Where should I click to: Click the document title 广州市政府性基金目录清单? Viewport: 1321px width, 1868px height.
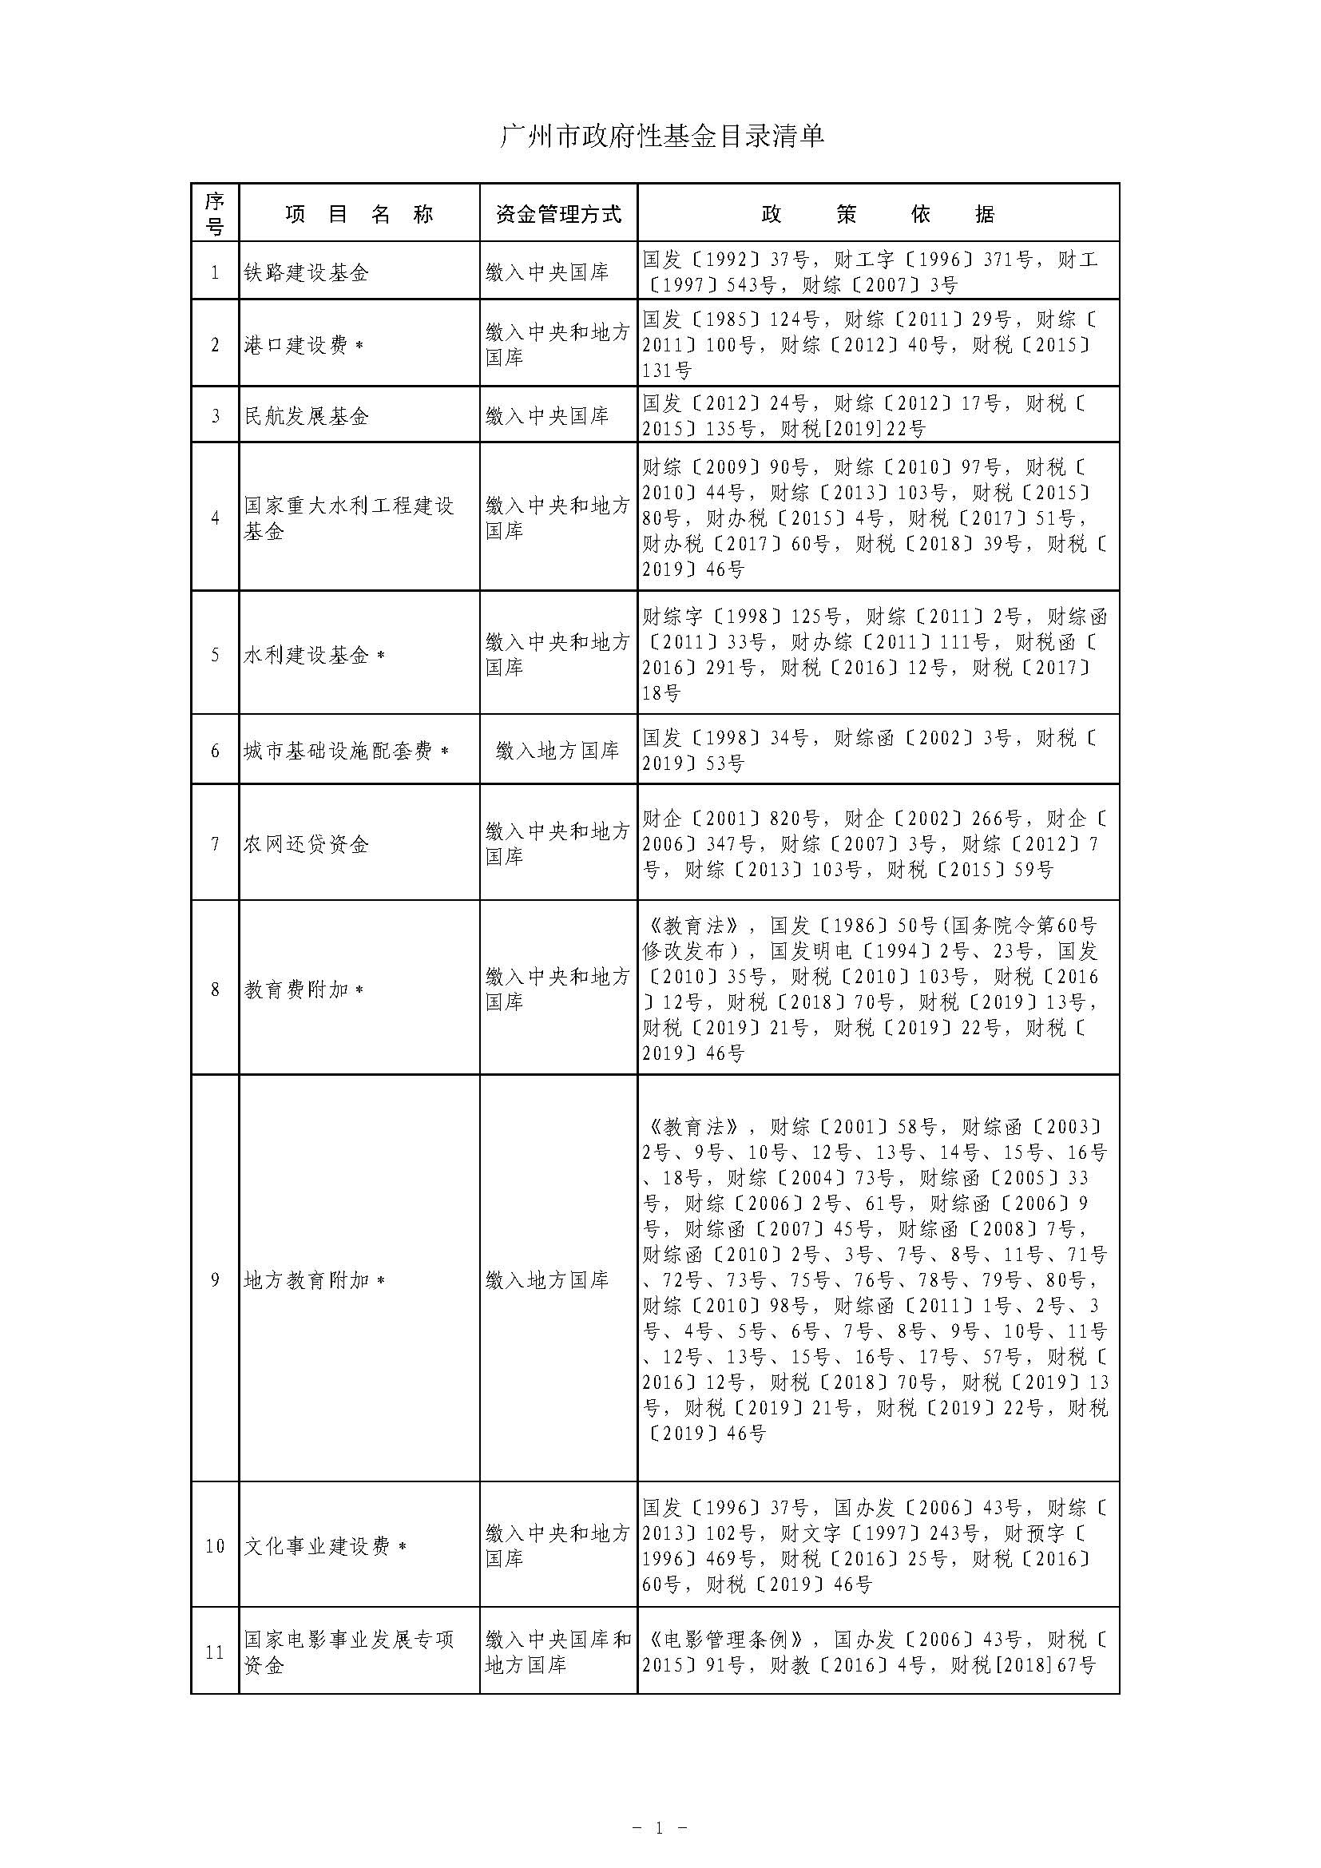(660, 135)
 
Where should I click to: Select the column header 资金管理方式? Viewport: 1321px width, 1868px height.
(558, 214)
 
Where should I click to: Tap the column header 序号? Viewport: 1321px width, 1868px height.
(215, 213)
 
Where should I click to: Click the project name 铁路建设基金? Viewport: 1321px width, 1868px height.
(307, 272)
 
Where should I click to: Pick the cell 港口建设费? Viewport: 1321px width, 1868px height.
(298, 345)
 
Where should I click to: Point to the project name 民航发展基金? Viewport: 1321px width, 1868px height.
(307, 417)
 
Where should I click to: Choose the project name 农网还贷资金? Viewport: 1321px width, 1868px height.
(307, 844)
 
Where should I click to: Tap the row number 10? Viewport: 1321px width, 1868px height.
(215, 1546)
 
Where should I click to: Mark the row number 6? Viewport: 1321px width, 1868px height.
(215, 751)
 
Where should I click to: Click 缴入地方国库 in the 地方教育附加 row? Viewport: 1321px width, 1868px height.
(547, 1279)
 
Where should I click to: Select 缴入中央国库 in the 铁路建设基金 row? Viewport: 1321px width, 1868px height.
(547, 272)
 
